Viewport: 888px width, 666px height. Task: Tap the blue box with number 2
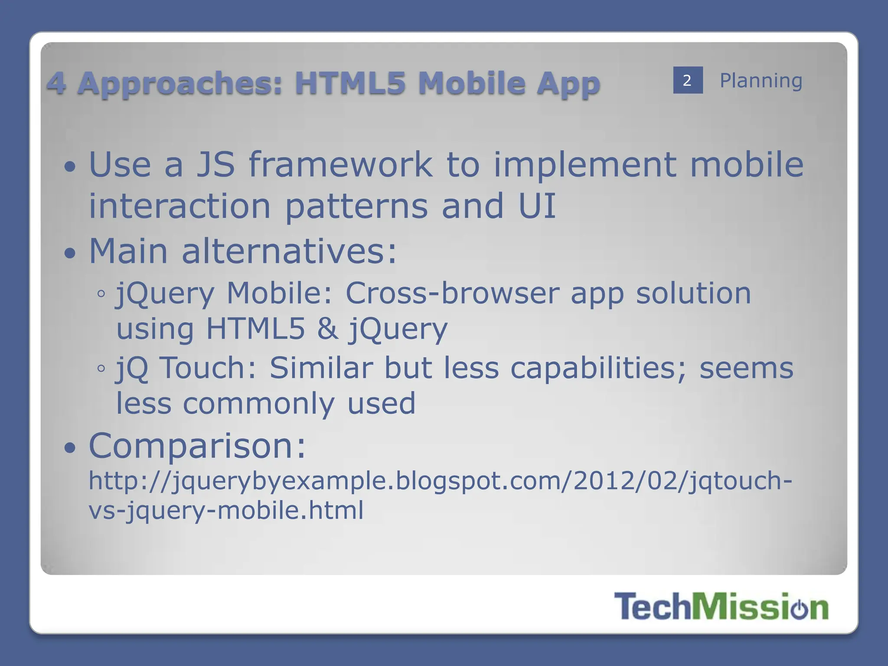tap(688, 80)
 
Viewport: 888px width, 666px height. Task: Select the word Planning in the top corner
tap(761, 81)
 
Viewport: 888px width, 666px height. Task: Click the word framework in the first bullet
tap(341, 165)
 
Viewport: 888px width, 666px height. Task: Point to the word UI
tap(537, 206)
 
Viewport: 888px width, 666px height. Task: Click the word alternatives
tap(289, 251)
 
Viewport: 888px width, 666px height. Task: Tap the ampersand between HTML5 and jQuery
tap(327, 329)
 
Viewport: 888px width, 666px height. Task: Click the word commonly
tap(259, 403)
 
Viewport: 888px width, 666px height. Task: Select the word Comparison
tap(197, 446)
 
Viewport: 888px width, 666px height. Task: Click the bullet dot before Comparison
tap(70, 447)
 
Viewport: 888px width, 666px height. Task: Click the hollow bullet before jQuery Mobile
tap(101, 294)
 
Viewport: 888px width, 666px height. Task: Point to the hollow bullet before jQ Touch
tap(101, 369)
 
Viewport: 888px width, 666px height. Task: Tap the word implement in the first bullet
tap(585, 165)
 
